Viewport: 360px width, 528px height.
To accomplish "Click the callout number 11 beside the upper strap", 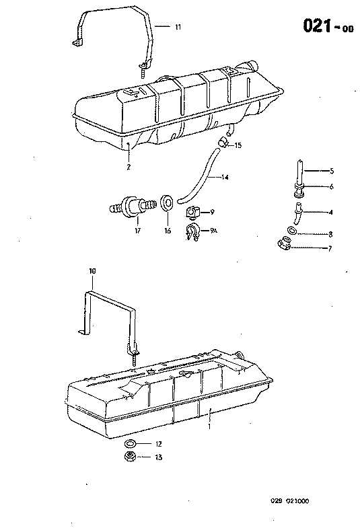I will [178, 27].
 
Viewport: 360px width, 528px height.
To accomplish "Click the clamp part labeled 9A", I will [191, 232].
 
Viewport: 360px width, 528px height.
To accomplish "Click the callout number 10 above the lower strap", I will [93, 272].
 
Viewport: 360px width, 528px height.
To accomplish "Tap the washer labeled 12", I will [130, 444].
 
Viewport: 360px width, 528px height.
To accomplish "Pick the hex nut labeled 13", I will [130, 457].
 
